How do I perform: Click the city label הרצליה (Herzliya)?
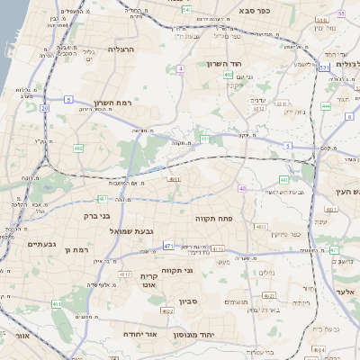pos(120,49)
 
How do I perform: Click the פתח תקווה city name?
pos(213,219)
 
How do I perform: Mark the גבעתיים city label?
pos(41,244)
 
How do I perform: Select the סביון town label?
pos(188,301)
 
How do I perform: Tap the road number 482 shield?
pos(78,148)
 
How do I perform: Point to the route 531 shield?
pos(323,67)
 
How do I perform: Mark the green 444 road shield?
pos(326,105)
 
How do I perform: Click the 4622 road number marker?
pos(166,311)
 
